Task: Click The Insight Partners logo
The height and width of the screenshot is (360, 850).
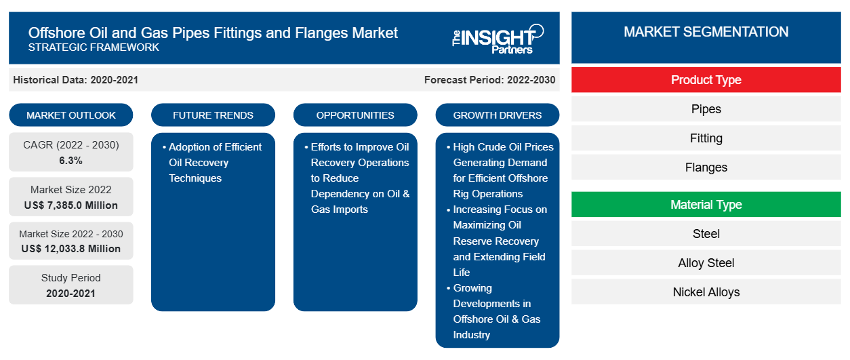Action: [498, 39]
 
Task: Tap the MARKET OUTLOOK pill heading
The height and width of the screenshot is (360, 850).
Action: [71, 115]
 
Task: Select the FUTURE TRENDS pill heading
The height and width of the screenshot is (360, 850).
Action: [213, 115]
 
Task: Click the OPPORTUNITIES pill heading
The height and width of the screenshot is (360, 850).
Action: [355, 115]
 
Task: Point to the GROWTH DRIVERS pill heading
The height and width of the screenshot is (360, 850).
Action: [497, 115]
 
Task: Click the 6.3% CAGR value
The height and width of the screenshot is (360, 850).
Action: [70, 161]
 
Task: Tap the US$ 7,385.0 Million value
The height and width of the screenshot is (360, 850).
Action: [71, 205]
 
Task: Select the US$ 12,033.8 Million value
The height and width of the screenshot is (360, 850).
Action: [71, 249]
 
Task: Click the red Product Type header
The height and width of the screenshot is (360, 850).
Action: [706, 80]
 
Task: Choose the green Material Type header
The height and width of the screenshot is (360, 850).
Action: [706, 205]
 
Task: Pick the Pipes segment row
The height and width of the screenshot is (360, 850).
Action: [706, 109]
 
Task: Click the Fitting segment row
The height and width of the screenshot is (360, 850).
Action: [706, 138]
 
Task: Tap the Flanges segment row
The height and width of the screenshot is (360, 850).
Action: [706, 167]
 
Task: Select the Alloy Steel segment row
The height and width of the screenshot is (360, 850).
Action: [706, 263]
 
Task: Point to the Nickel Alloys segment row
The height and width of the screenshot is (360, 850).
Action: [706, 292]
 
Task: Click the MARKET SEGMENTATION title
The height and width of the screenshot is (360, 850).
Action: [706, 32]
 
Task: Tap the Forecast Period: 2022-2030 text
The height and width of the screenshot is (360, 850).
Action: [489, 80]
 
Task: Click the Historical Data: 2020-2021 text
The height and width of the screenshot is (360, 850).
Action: [75, 80]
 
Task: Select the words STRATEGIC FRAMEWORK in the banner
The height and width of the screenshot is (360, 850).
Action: [94, 47]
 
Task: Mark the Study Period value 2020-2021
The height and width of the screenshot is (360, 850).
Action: [70, 294]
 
